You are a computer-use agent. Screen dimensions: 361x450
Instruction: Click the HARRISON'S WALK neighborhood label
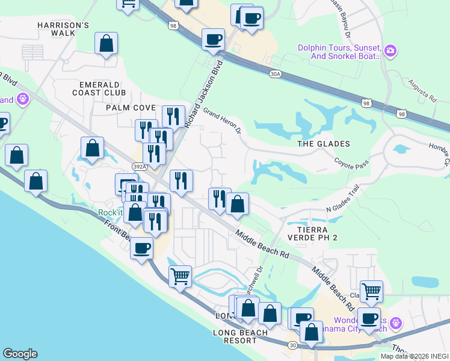pos(63,29)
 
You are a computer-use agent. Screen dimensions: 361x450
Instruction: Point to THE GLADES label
pos(324,144)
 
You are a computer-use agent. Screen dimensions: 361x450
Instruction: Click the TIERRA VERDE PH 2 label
pos(317,234)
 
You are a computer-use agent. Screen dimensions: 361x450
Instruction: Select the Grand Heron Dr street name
pos(222,120)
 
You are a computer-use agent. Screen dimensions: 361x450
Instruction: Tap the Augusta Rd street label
pos(421,90)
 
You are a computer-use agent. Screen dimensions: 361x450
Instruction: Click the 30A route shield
pos(276,73)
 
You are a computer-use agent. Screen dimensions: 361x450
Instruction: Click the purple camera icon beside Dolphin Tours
pos(390,51)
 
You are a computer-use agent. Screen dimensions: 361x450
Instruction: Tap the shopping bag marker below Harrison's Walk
pos(106,43)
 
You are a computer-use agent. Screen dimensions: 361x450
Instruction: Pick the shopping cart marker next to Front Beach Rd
pos(180,277)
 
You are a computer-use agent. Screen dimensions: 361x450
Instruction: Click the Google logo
pos(20,354)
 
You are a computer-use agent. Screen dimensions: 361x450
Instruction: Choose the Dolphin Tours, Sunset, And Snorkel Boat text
pos(339,52)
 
